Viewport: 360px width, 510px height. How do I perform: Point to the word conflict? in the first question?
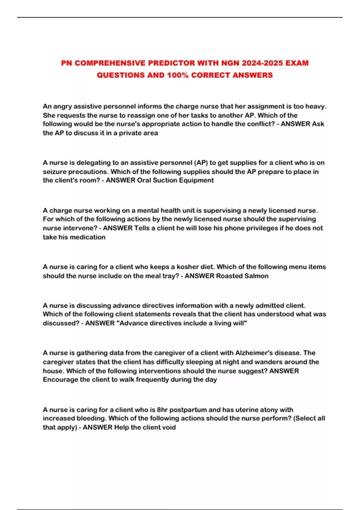pyautogui.click(x=261, y=124)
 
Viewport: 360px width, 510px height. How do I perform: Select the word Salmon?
pyautogui.click(x=256, y=276)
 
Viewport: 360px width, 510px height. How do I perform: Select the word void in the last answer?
pyautogui.click(x=169, y=427)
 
